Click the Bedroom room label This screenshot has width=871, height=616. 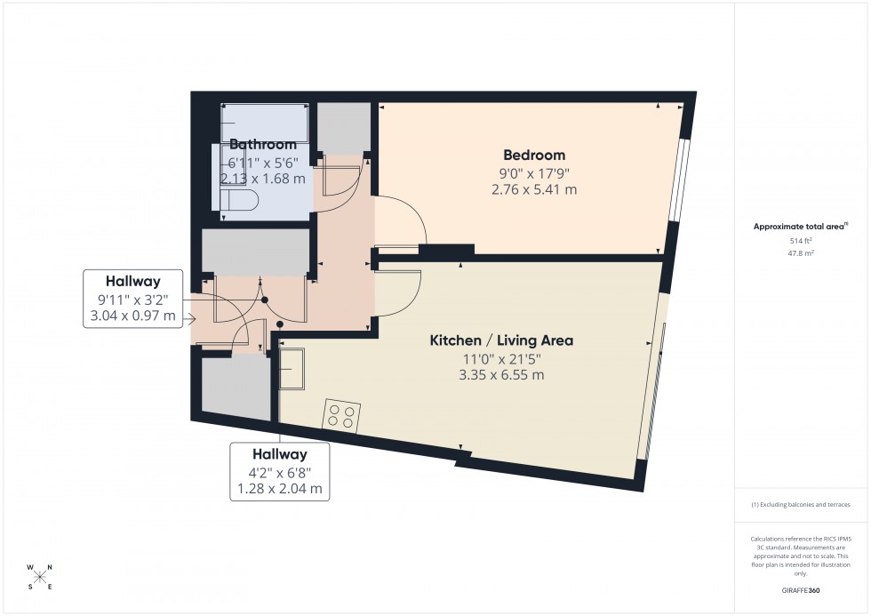(x=533, y=155)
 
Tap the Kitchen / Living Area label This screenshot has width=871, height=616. (x=501, y=340)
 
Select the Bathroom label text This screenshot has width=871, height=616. (x=262, y=145)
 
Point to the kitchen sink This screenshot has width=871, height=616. (x=292, y=368)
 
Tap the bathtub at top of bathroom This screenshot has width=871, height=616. (x=265, y=122)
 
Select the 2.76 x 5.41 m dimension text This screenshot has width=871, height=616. (x=533, y=189)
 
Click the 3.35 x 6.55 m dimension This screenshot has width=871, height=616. (x=501, y=375)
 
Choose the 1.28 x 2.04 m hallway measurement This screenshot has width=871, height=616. (x=280, y=489)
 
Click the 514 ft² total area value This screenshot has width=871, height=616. (x=802, y=241)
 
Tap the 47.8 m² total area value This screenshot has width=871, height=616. (x=802, y=252)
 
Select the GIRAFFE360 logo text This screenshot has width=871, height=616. (x=801, y=589)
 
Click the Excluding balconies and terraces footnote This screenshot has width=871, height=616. (x=801, y=504)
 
